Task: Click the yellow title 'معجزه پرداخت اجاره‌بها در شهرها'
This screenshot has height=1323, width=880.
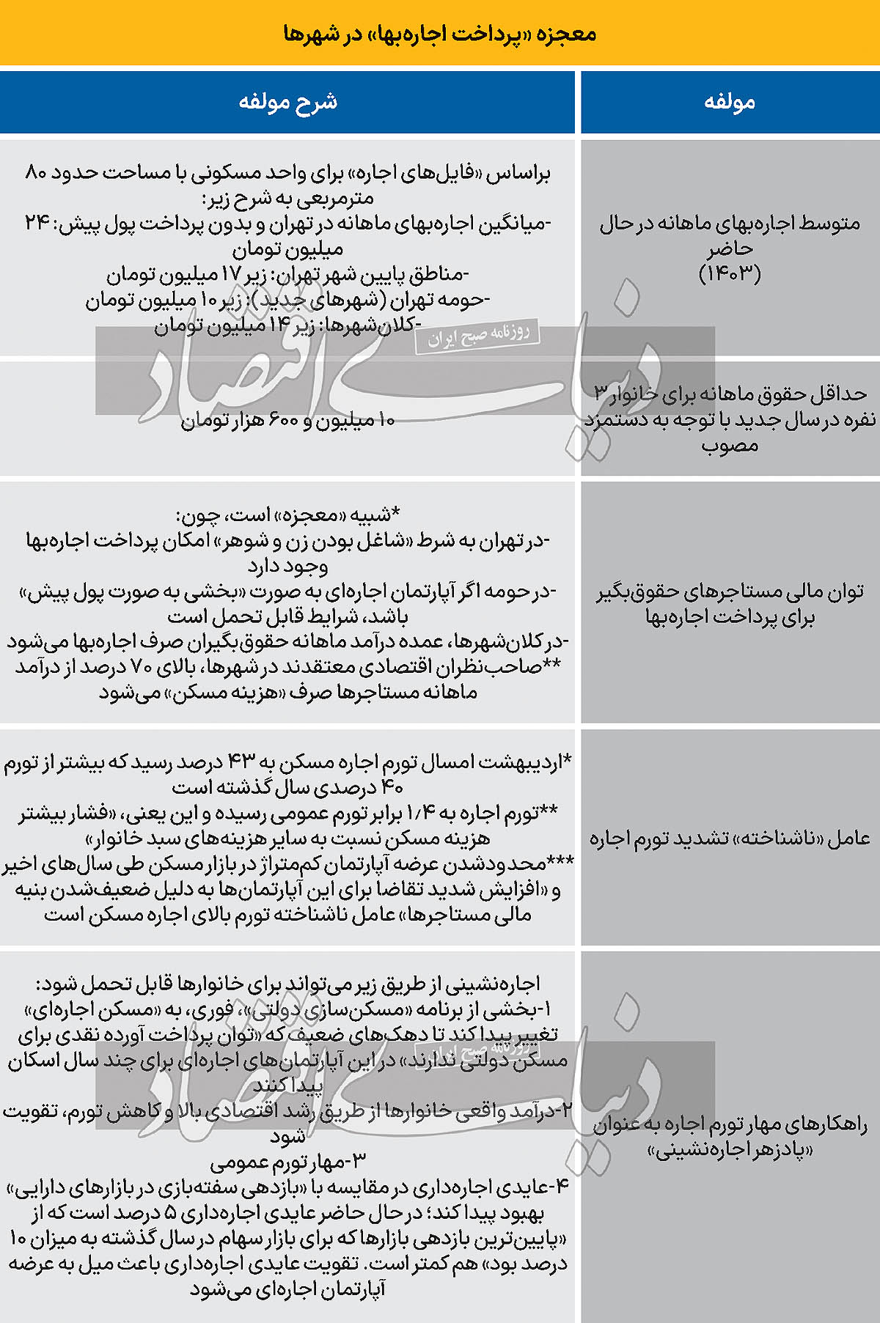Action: (x=439, y=34)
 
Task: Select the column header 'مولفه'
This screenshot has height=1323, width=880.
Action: (x=730, y=102)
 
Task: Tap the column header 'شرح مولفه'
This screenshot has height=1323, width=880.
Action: (x=287, y=102)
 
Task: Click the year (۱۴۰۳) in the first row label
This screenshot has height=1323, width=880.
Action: (x=730, y=273)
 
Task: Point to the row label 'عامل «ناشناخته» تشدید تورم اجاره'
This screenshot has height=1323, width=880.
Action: (x=730, y=838)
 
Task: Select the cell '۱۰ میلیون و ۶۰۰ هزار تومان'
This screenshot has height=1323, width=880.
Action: (x=287, y=420)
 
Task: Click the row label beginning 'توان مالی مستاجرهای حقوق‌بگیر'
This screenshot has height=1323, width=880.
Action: (x=730, y=603)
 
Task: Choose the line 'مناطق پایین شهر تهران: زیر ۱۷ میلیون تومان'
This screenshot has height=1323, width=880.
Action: (x=287, y=275)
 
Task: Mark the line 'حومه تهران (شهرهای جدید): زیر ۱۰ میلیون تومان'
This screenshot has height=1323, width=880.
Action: (x=287, y=300)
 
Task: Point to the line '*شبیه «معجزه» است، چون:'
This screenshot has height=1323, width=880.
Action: (x=287, y=515)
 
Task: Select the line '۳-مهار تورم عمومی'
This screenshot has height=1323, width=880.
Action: (x=287, y=1161)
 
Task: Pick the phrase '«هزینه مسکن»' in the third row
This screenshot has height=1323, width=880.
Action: (x=227, y=692)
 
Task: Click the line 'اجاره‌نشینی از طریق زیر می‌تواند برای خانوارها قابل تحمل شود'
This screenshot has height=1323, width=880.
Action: (x=287, y=984)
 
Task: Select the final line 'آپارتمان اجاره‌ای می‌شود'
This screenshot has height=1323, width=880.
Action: (x=287, y=1288)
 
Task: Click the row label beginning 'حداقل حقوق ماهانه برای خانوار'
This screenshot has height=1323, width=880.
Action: (x=730, y=419)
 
